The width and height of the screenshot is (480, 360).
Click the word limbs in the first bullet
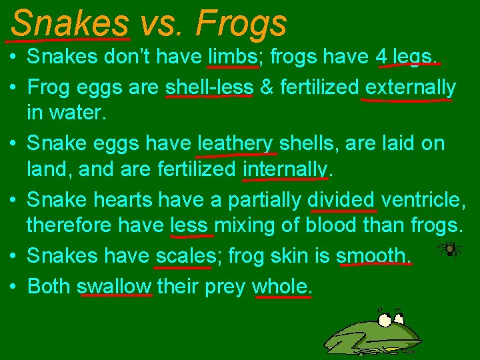pos(233,57)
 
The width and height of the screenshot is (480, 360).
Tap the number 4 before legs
pos(382,57)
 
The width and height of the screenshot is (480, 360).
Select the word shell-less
pos(209,87)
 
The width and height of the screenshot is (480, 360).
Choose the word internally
pos(285,169)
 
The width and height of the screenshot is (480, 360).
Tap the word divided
pos(341,200)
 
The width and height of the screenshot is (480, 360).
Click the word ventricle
pos(423,200)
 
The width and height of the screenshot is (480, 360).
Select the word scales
pos(182,256)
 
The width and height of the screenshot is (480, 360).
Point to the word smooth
pos(373,256)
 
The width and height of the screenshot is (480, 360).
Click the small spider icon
pos(449,249)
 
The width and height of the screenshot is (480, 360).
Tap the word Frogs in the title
pos(241,23)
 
